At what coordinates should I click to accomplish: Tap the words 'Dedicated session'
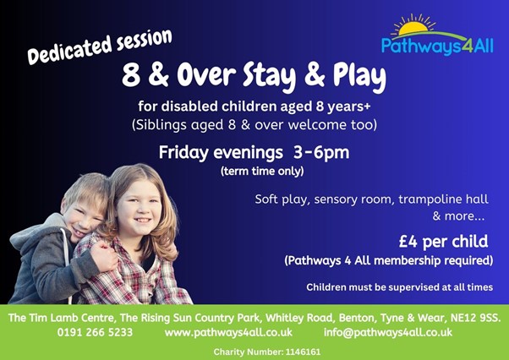100,46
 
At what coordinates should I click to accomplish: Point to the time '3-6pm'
321,152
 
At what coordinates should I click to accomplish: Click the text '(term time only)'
262,171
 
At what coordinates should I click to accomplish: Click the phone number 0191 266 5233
95,332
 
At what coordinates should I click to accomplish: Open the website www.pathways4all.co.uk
228,332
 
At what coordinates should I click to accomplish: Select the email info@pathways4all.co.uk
388,332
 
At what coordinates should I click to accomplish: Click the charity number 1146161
304,352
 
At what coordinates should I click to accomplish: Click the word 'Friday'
183,152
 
